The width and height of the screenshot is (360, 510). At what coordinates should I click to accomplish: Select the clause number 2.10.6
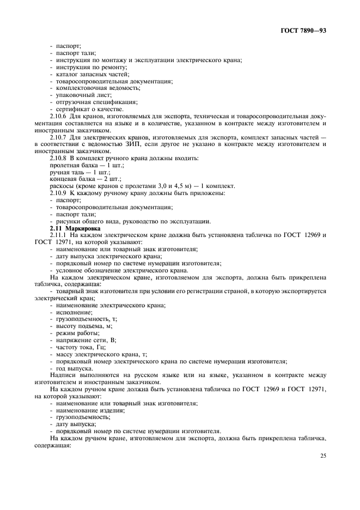[59, 116]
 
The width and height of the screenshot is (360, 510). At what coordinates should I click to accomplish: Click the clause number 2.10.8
[59, 158]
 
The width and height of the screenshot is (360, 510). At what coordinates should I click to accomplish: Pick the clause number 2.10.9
[59, 193]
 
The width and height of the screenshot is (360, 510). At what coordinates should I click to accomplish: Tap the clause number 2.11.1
[59, 235]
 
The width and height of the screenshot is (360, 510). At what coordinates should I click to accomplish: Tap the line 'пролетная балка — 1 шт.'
[87, 165]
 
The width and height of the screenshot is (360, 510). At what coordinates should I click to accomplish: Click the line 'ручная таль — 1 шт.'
[79, 172]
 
